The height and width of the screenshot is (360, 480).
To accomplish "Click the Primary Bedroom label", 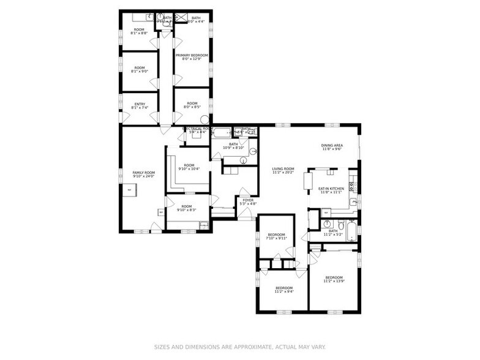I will tap(192, 55).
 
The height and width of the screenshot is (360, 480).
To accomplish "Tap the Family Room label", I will tap(143, 173).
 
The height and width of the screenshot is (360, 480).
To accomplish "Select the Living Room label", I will tap(283, 168).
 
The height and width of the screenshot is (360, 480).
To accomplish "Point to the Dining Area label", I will tap(331, 145).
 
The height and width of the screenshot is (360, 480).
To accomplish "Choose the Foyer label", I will tap(248, 200).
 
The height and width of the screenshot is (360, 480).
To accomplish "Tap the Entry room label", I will tap(140, 103).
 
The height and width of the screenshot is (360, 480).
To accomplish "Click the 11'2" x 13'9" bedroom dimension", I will tap(334, 281).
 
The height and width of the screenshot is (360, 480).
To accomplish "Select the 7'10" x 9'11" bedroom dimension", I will tap(276, 239).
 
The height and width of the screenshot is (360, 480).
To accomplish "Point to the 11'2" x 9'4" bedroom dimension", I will tap(283, 291).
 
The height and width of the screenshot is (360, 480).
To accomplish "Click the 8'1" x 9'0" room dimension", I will tap(140, 72).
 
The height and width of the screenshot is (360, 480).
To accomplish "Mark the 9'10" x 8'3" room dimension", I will tap(187, 210).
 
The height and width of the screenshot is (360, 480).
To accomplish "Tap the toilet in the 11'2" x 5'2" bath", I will tap(326, 223).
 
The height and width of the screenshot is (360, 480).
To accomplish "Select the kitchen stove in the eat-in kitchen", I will tap(352, 186).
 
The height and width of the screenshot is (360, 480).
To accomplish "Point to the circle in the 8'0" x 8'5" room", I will tap(205, 119).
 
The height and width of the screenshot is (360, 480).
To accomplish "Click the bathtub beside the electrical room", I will tap(221, 132).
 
